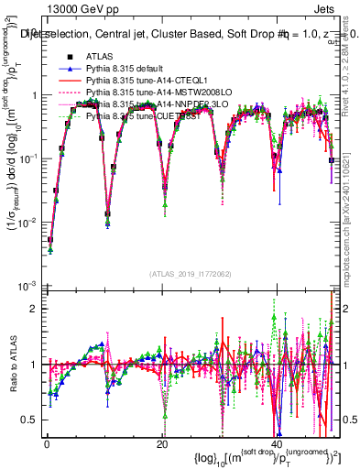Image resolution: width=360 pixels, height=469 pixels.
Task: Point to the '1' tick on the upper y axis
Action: point(34,95)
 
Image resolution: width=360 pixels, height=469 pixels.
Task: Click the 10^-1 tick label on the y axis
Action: point(29,158)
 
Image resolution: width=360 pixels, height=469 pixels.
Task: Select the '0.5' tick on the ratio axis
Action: point(30,420)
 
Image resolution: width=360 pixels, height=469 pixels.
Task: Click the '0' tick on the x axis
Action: point(45,443)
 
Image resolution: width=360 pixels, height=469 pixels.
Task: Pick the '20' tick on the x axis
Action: point(161,443)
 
